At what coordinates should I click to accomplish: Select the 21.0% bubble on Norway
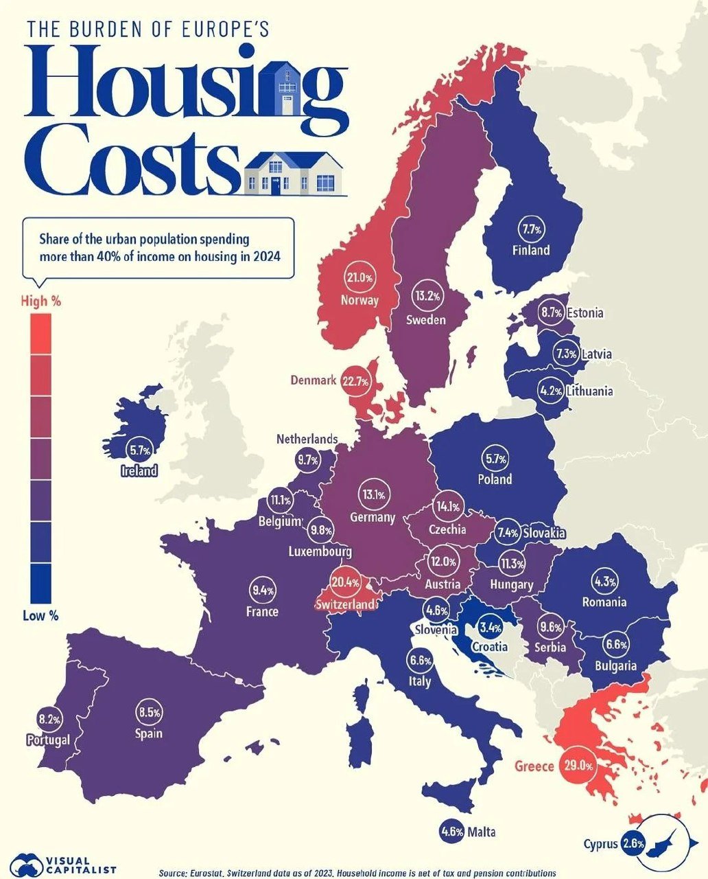tap(359, 278)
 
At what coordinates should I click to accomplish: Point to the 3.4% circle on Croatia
tap(491, 628)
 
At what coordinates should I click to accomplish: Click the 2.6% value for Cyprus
tap(633, 844)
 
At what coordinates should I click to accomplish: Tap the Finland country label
tap(531, 250)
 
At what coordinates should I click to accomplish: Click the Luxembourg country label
tap(320, 551)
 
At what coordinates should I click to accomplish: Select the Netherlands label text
tap(307, 439)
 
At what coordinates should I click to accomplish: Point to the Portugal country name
tap(48, 740)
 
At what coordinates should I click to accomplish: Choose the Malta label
tap(481, 832)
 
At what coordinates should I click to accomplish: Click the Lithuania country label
tap(589, 391)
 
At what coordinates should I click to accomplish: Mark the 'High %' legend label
tap(40, 301)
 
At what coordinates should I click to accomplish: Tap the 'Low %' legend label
tap(40, 615)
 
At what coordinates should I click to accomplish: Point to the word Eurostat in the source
tap(210, 874)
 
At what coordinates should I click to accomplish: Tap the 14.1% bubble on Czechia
tap(448, 507)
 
